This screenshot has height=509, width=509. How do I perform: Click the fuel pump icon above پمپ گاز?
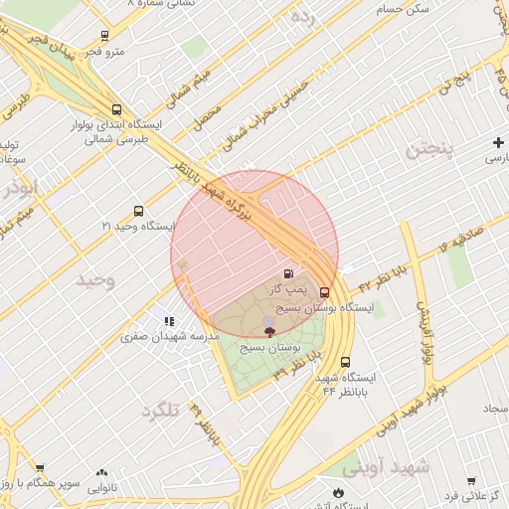click(288, 273)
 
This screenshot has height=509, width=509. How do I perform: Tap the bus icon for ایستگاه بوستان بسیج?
click(325, 292)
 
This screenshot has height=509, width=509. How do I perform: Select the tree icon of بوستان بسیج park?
click(269, 331)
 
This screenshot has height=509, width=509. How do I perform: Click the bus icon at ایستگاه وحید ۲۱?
click(138, 211)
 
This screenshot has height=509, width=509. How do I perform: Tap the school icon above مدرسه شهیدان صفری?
click(169, 321)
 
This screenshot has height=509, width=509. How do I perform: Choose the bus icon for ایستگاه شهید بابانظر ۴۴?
click(345, 363)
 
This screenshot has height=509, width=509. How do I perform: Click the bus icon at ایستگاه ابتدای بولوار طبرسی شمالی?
click(117, 110)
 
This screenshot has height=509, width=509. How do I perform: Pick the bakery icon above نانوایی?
click(101, 473)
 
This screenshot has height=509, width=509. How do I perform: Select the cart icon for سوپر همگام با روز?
click(40, 467)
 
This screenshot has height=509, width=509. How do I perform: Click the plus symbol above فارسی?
click(497, 143)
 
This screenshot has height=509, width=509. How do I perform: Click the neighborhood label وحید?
click(96, 281)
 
